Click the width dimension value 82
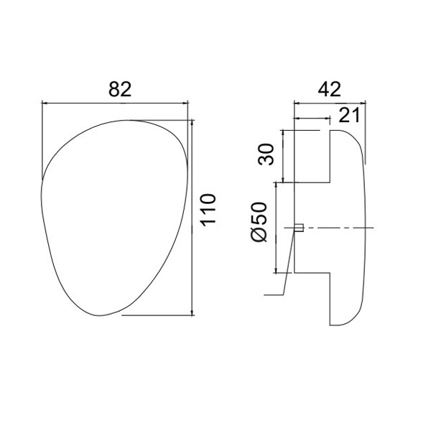(120, 89)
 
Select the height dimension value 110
(208, 209)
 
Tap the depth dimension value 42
(329, 89)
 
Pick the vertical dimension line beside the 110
(192, 215)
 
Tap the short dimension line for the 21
(312, 119)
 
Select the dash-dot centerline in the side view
(345, 228)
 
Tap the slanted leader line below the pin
(289, 266)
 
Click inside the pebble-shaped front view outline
(115, 215)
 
